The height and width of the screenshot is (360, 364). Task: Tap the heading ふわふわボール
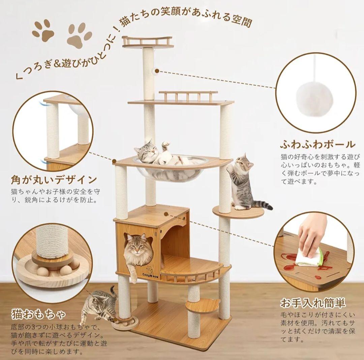point(317,144)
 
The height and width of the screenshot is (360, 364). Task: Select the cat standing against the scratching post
point(243,182)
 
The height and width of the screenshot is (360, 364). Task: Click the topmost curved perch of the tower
point(147,42)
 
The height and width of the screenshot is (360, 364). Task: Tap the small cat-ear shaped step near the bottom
point(202,305)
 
